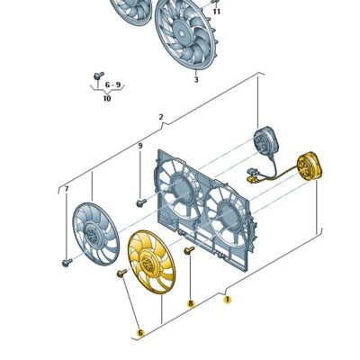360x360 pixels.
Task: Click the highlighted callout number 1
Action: pos(228,299)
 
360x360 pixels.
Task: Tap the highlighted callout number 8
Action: pos(190,303)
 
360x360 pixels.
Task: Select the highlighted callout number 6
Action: pos(140,333)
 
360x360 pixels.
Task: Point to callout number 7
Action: pos(67,189)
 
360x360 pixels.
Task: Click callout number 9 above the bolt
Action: pos(140,146)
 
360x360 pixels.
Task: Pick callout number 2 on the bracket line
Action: pos(161,117)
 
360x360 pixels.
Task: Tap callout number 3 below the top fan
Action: pos(196,79)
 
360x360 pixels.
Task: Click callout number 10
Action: pos(107,98)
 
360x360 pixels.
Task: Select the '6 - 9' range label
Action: pos(112,85)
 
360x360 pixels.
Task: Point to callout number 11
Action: pos(217,12)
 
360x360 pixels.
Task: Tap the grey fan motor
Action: pos(265,141)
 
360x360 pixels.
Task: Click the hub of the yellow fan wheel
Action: pos(147,261)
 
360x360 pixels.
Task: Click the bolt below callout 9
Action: pos(141,203)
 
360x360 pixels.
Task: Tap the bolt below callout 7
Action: pos(67,263)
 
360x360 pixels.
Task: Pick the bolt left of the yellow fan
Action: pos(121,274)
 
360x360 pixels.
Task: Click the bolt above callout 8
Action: pos(190,250)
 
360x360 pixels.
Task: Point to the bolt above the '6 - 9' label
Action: pos(98,76)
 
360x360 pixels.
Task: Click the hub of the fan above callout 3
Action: pos(181,32)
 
